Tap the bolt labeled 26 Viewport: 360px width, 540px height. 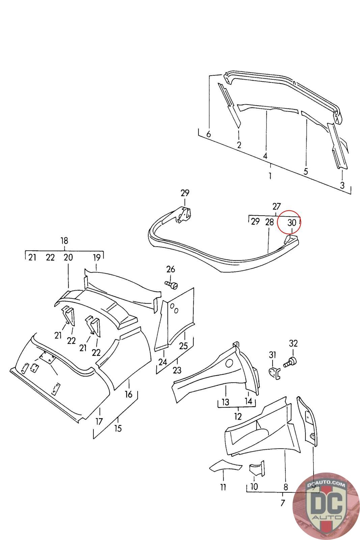click(x=171, y=285)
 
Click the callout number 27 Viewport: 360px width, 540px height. click(x=276, y=207)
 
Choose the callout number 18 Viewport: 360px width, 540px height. click(x=64, y=241)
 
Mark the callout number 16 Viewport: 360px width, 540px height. click(x=129, y=394)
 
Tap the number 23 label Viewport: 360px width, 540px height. click(x=177, y=370)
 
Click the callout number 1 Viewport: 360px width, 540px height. click(x=270, y=175)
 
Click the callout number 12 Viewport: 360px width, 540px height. click(x=238, y=416)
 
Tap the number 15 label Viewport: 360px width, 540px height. click(x=118, y=428)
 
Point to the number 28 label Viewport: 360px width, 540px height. click(x=270, y=222)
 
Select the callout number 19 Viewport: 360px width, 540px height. click(x=96, y=258)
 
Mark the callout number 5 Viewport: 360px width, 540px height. click(x=306, y=171)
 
